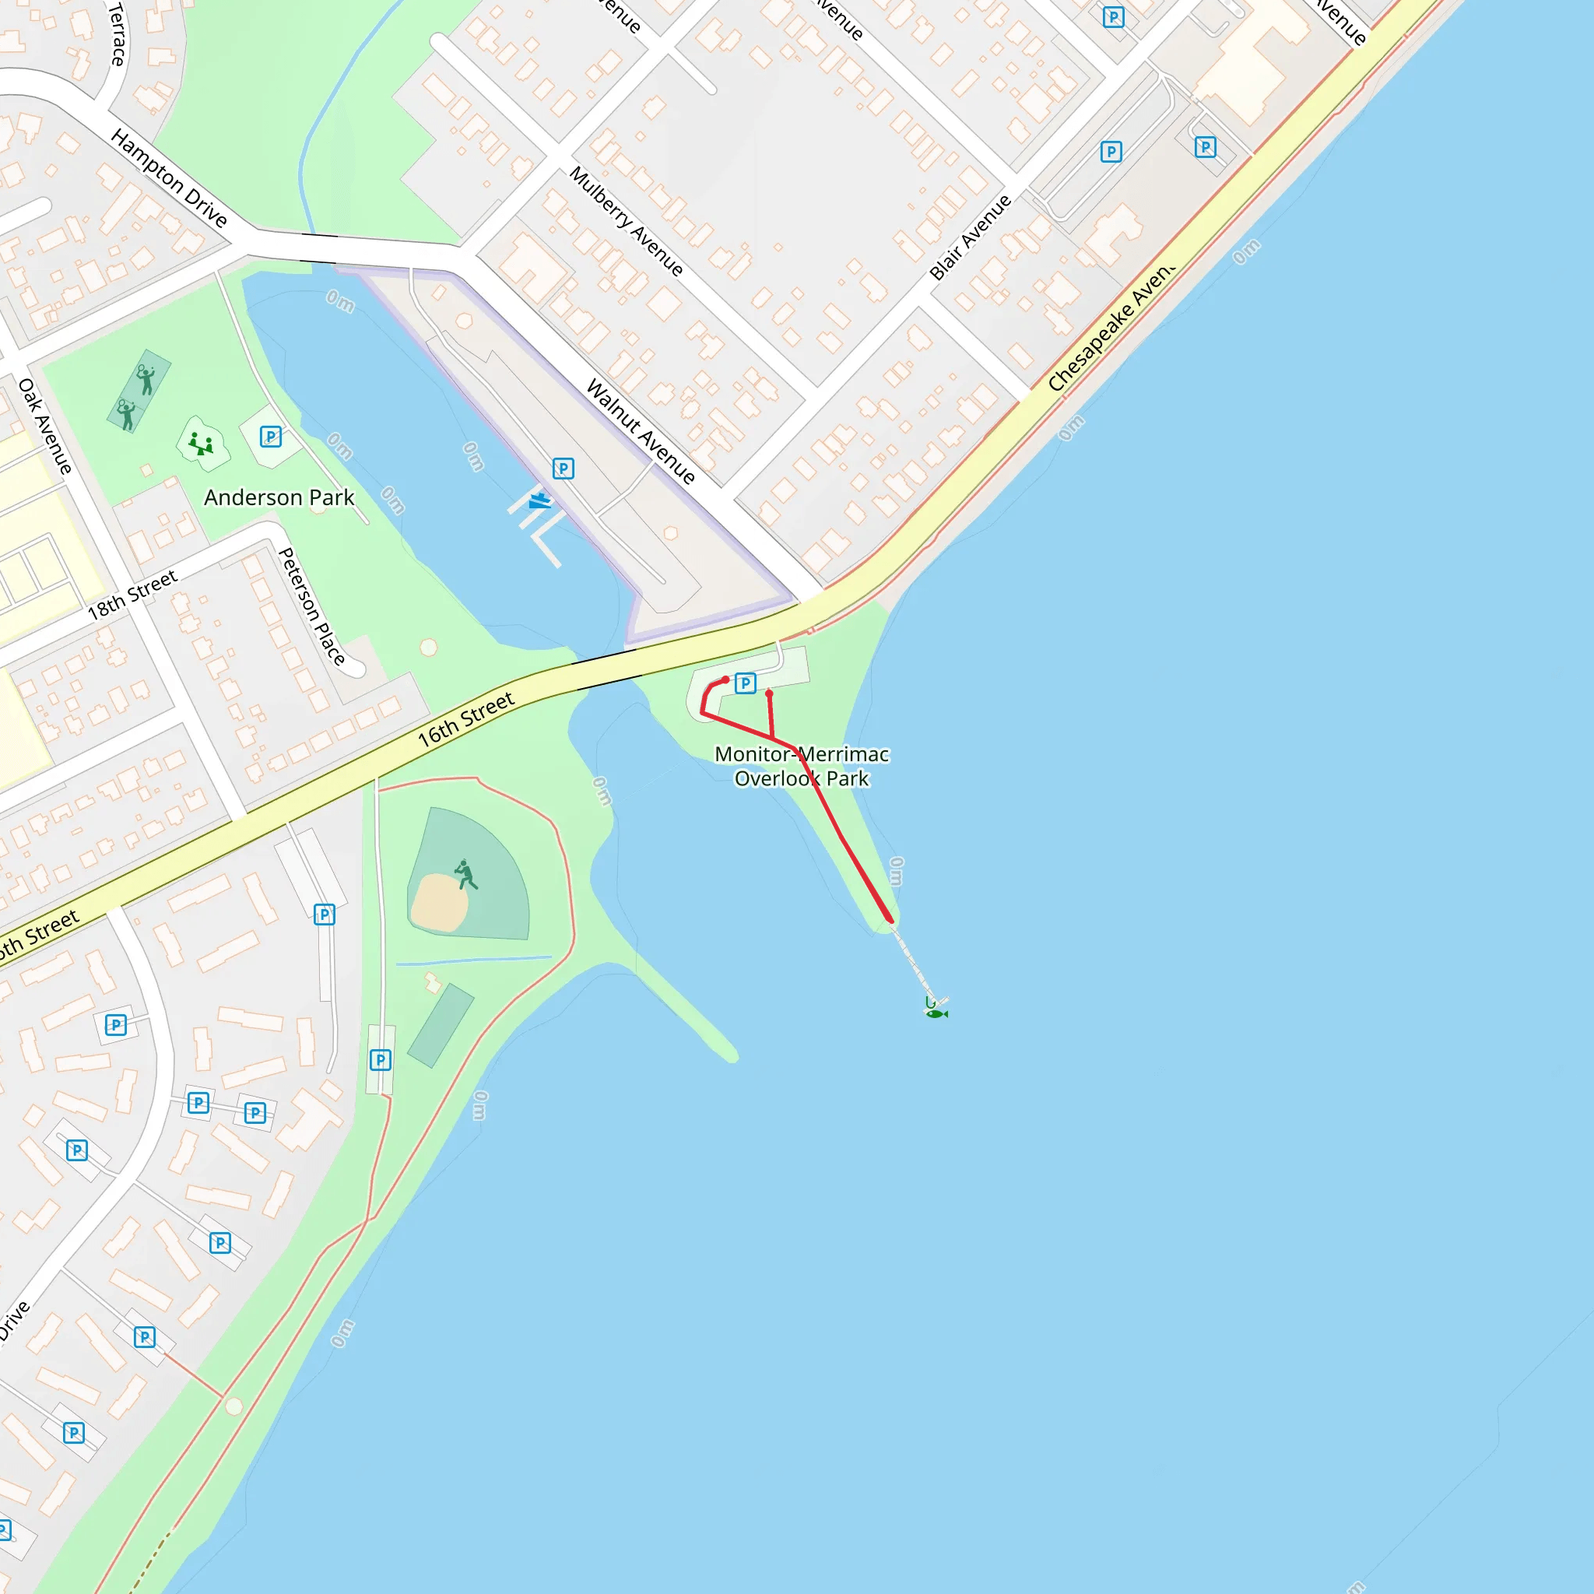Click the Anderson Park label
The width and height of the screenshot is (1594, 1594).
[x=279, y=497]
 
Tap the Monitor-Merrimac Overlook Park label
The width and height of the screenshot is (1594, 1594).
[x=801, y=766]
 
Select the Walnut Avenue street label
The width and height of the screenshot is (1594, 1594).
[x=641, y=430]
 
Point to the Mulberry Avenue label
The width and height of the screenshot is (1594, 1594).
[x=627, y=221]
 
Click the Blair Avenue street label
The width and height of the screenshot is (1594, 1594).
[x=971, y=237]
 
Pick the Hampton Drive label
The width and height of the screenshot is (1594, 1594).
[x=169, y=177]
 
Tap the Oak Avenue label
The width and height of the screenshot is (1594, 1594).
[x=45, y=426]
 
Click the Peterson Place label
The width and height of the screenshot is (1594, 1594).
[x=311, y=606]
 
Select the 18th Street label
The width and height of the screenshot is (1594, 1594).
[x=132, y=595]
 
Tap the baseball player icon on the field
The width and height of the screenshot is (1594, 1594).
[x=465, y=875]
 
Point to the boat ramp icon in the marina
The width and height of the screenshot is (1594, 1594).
[x=539, y=500]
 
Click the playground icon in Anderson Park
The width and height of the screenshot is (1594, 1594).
[x=202, y=444]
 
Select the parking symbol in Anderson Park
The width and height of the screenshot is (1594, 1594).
[x=271, y=437]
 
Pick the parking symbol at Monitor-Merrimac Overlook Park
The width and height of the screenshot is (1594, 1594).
[x=745, y=683]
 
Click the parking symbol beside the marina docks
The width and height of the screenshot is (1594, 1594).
[x=563, y=469]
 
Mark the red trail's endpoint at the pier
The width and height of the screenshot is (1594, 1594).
[x=890, y=919]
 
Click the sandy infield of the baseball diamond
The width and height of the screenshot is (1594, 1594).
[x=439, y=903]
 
